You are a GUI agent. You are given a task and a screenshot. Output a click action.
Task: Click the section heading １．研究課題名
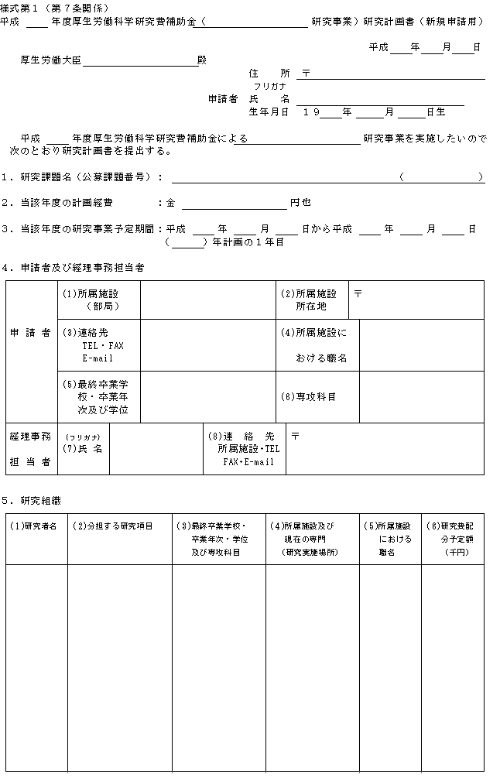[x=81, y=176]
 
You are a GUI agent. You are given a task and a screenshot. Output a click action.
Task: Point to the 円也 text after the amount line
[x=301, y=202]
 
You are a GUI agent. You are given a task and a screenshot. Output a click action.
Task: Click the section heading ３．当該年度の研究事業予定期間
[x=81, y=228]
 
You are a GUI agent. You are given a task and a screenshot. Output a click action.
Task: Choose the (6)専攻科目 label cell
[x=308, y=396]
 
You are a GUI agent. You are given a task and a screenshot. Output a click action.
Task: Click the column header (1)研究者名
[x=36, y=526]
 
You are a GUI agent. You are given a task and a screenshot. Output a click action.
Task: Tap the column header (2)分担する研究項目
[x=113, y=526]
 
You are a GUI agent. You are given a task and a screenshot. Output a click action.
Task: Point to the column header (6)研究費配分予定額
[x=451, y=539]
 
